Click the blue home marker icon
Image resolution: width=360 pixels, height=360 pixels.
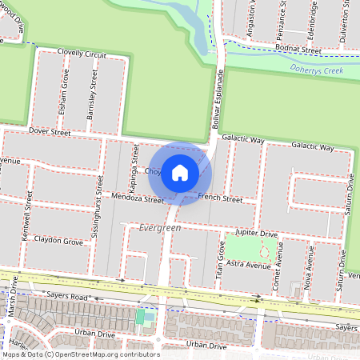click(x=180, y=173)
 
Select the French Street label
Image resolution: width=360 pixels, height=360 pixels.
click(x=220, y=198)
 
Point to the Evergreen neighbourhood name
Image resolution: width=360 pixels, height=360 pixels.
click(x=160, y=228)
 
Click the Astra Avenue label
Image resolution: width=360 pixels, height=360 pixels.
click(x=247, y=262)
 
